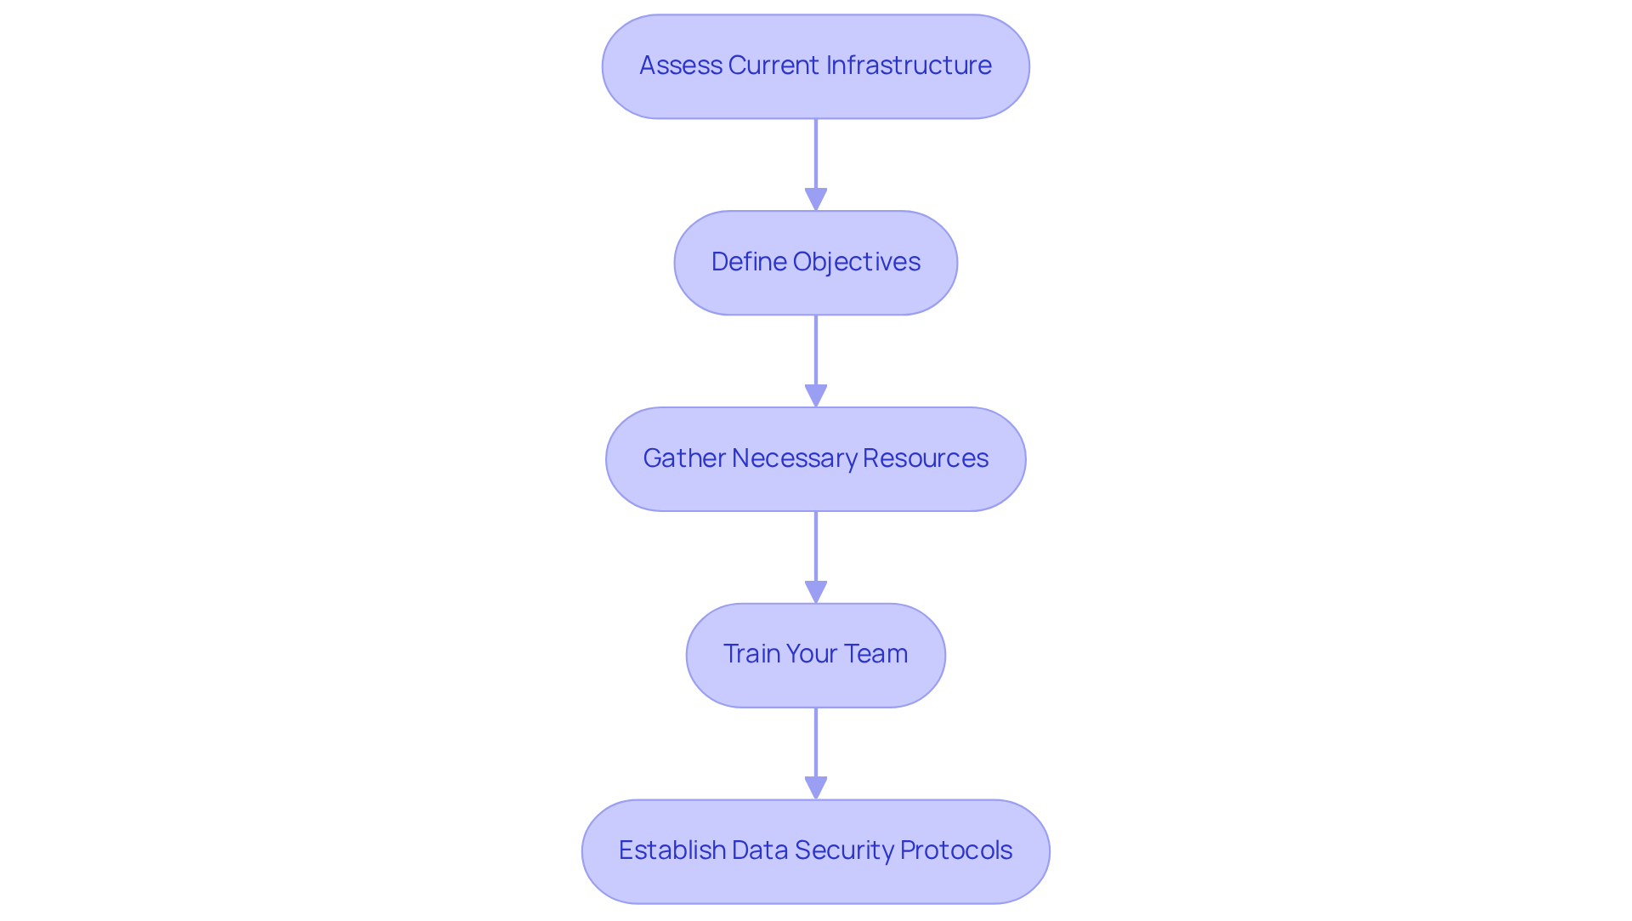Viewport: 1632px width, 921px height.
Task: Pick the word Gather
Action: [x=683, y=458]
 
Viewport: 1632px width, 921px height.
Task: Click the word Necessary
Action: [x=794, y=458]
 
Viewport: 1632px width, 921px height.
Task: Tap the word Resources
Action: [x=925, y=458]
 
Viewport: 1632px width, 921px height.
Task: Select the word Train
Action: [x=751, y=654]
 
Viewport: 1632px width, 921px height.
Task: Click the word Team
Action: [x=875, y=654]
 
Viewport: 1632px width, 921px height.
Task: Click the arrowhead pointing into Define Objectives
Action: [x=816, y=199]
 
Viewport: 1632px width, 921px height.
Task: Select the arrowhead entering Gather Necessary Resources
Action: [x=816, y=395]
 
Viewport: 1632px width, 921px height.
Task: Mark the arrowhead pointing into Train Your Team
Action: [x=816, y=592]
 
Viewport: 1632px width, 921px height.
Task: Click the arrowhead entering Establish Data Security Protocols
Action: [x=816, y=787]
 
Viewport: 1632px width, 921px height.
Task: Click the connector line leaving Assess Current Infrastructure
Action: [x=816, y=153]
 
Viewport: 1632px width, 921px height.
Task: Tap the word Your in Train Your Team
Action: [x=812, y=654]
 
